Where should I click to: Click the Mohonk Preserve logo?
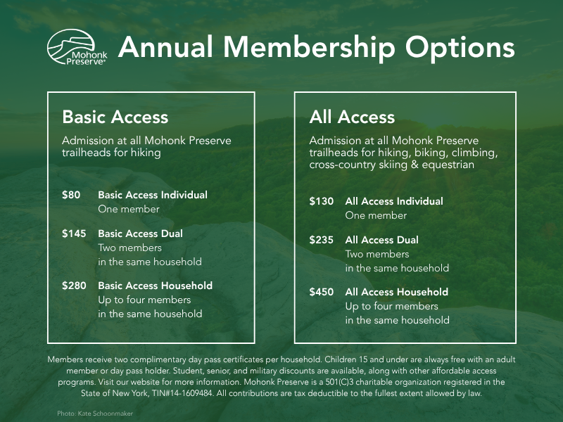77,47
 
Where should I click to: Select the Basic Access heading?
115,116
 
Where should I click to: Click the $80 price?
71,195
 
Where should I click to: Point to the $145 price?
74,234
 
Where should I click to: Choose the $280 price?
74,286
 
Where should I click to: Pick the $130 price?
322,201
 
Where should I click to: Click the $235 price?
322,240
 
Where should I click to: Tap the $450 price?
322,292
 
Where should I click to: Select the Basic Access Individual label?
153,195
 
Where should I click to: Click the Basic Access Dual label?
140,234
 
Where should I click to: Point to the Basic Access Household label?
155,286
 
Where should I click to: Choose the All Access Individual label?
394,201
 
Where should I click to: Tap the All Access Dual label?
381,240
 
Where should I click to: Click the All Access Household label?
396,292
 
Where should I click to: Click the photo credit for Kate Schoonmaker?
95,414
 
